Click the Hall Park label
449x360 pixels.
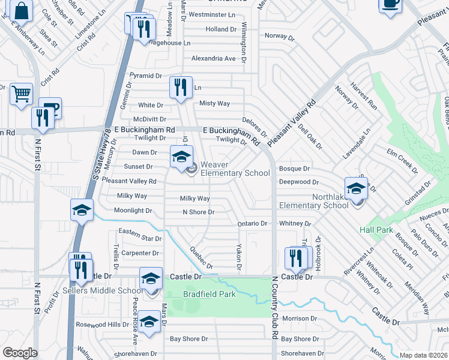pos(376,230)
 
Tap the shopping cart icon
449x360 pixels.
pos(21,94)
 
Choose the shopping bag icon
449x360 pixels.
pos(21,11)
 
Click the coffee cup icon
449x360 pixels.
pos(390,4)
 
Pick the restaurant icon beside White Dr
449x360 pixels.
pos(180,88)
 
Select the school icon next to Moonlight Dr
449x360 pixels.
pos(82,211)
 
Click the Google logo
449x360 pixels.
pos(20,353)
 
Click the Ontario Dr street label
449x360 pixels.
pos(252,223)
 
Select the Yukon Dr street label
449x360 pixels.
pos(238,257)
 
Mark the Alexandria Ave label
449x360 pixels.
pos(213,59)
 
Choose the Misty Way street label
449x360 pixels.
pos(214,103)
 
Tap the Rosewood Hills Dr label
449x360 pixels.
pos(102,325)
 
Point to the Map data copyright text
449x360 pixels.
pos(423,355)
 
